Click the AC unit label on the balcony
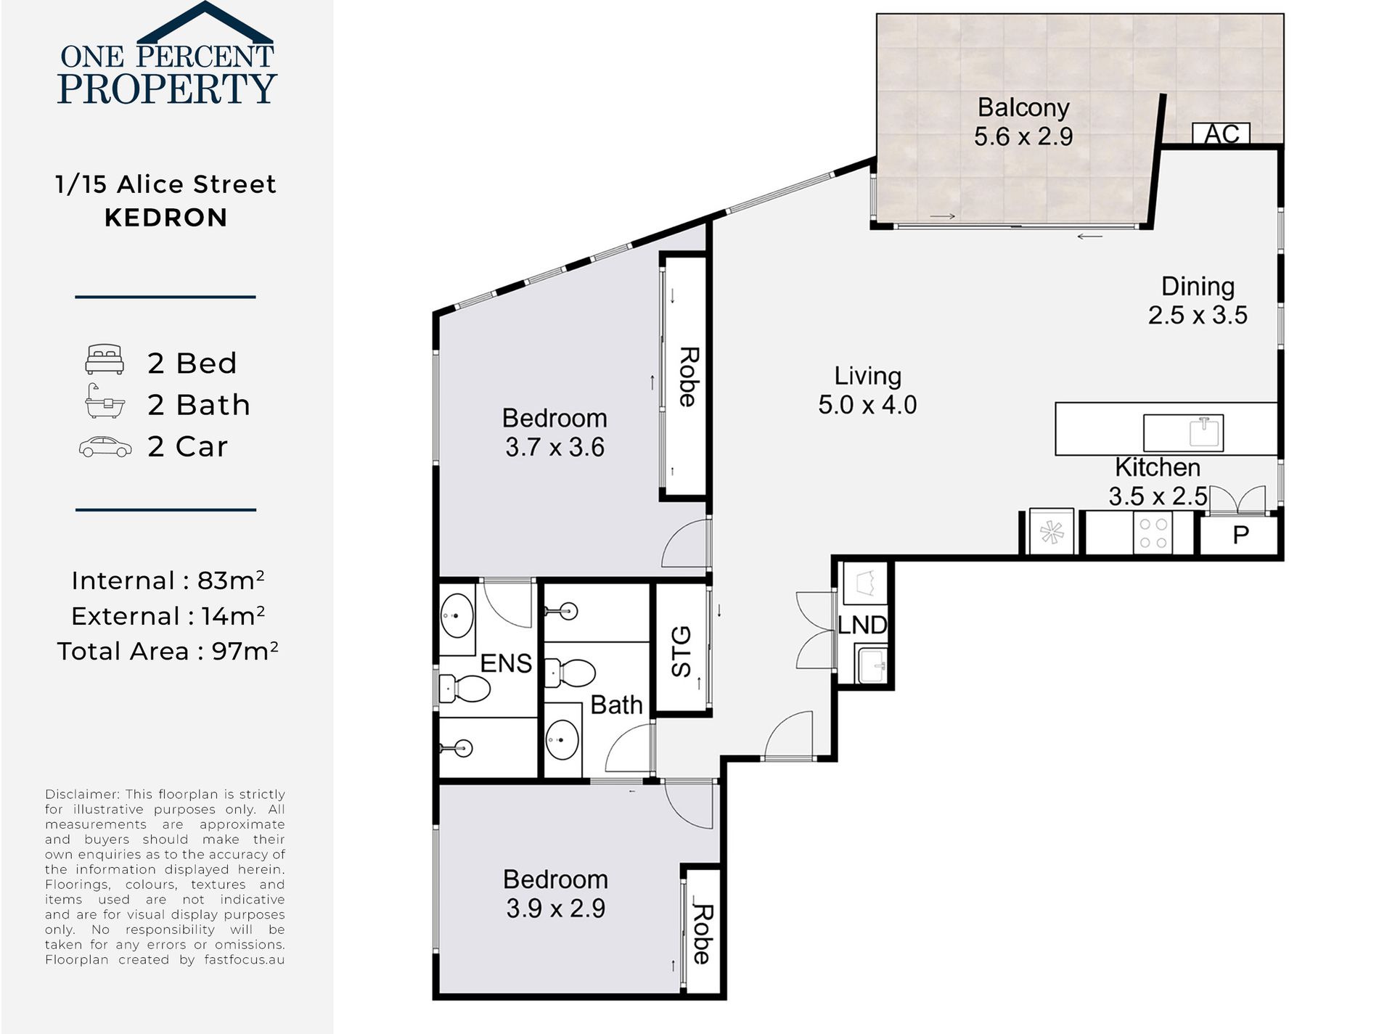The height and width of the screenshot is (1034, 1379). point(1222,134)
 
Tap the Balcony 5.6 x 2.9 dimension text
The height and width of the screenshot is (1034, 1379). point(1023,136)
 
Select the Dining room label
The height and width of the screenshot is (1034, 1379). point(1198,287)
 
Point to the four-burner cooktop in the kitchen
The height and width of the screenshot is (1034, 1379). point(1153,533)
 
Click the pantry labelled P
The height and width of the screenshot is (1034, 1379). point(1240,536)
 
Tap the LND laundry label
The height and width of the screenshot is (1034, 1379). point(862,625)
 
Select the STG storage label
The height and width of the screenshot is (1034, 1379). point(682,652)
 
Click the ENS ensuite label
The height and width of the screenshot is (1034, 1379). point(506,663)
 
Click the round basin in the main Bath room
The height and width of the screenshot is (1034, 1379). point(562,740)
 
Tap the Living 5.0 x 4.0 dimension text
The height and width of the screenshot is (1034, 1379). point(867,405)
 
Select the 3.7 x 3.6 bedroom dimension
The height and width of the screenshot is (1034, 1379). point(555,447)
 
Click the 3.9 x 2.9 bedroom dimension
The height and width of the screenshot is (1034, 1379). point(555,908)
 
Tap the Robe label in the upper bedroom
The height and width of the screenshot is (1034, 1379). point(688,377)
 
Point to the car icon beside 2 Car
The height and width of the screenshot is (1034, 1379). point(105,447)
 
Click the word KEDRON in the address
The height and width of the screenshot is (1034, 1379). point(166,218)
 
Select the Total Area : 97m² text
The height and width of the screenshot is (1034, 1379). point(168,651)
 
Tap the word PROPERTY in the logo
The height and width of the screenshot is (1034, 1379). point(167,88)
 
